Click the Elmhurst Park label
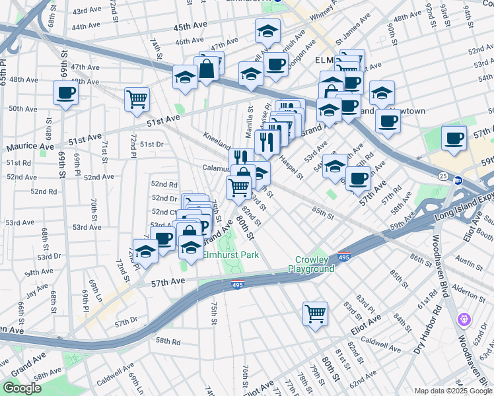click(230, 255)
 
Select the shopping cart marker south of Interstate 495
click(316, 313)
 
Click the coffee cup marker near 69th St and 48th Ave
click(66, 93)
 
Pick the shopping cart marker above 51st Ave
click(137, 99)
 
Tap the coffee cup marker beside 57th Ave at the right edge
click(454, 138)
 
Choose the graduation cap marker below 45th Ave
click(267, 31)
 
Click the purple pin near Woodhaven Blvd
click(465, 320)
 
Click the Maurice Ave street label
click(30, 146)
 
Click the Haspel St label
click(290, 170)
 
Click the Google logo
click(22, 388)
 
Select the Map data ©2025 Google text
click(452, 391)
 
